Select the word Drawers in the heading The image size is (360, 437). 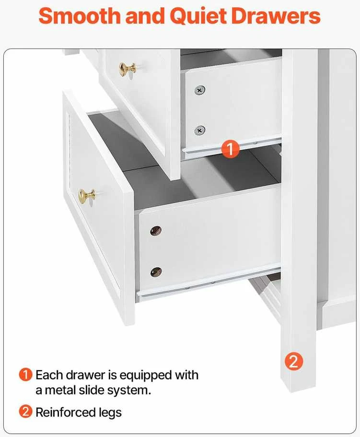(276, 16)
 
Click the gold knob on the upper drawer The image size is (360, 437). (128, 69)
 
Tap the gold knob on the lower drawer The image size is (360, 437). (87, 196)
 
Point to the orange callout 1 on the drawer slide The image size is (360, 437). (230, 149)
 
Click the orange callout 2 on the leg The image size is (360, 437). (294, 362)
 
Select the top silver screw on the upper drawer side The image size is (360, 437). (199, 90)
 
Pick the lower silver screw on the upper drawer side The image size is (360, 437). (199, 130)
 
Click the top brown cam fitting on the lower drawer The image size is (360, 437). (156, 231)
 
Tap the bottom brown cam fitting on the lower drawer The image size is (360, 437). (156, 272)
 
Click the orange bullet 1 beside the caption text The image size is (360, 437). (25, 375)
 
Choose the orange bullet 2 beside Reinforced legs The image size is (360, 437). (25, 412)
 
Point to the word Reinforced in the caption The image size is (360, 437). (66, 412)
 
